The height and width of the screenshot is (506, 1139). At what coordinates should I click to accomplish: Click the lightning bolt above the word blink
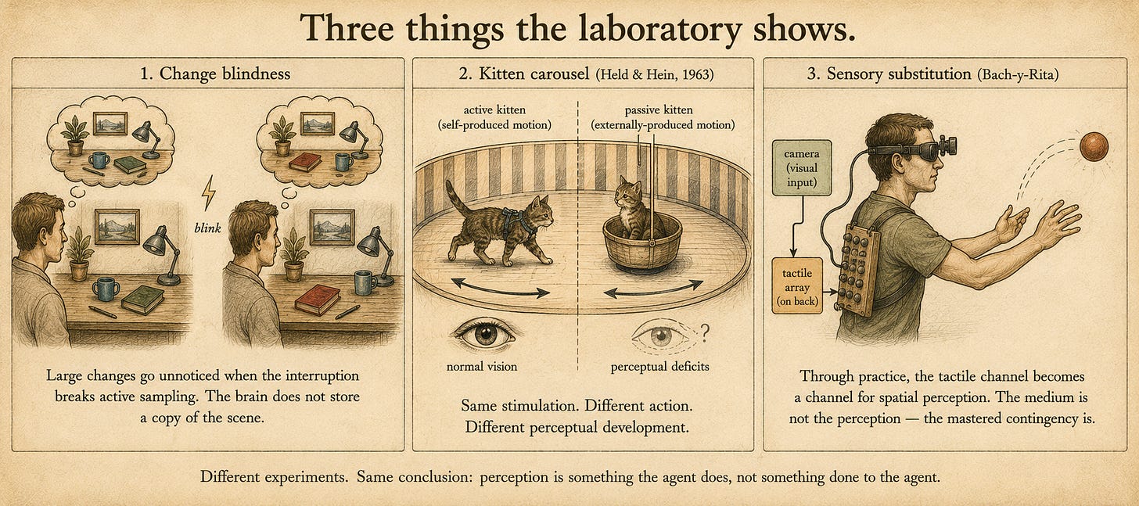tap(208, 193)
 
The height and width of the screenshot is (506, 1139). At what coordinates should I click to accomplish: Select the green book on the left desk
tap(143, 299)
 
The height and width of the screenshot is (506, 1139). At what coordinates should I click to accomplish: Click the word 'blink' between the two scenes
tap(207, 228)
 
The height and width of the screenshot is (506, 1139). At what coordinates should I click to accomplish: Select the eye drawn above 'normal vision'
tap(484, 334)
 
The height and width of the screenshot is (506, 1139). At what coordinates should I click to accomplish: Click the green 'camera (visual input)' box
tap(802, 168)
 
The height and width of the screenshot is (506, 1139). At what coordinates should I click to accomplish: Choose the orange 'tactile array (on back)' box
tap(797, 286)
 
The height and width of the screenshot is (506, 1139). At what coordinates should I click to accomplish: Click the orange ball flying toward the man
tap(1094, 146)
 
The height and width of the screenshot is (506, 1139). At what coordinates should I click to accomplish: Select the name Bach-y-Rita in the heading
tap(1018, 75)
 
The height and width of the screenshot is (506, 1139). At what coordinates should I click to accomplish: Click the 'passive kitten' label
tap(659, 109)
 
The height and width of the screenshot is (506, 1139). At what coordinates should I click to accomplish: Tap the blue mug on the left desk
tap(106, 289)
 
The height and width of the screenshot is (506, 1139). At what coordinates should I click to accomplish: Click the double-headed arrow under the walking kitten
tap(501, 287)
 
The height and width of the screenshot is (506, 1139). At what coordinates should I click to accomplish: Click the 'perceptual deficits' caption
tap(659, 367)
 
